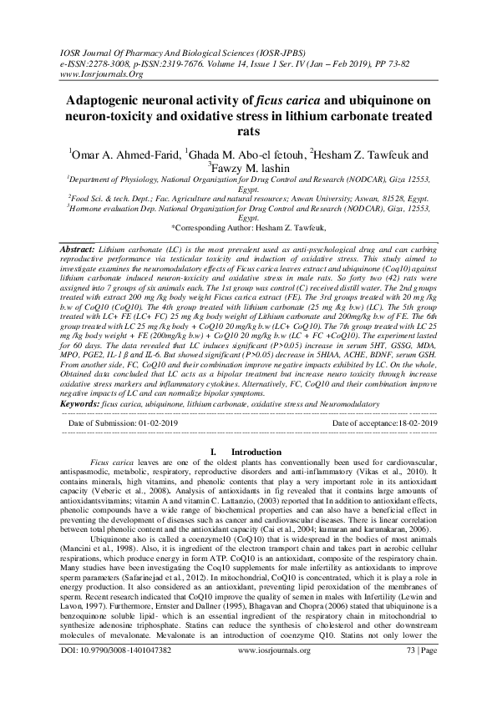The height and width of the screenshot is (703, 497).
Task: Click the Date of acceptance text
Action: [x=384, y=424]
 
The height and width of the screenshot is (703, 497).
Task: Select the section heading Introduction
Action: [x=256, y=452]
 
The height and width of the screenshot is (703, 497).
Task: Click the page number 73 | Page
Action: [x=418, y=671]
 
